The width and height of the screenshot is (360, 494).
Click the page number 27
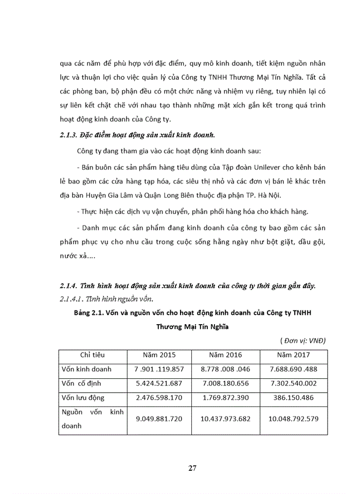click(192, 468)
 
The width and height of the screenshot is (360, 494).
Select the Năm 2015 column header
click(159, 355)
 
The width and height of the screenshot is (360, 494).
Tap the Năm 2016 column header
click(225, 355)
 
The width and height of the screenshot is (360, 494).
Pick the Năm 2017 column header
click(293, 355)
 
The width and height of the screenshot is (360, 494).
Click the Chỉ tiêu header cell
click(90, 355)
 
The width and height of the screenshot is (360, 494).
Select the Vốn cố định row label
click(83, 383)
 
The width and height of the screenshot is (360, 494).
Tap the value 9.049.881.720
click(159, 419)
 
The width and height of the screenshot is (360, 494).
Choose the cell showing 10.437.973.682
click(225, 419)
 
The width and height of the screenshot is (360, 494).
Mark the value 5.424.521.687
click(159, 383)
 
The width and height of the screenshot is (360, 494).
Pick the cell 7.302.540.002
click(293, 383)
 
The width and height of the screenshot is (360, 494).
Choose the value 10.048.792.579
click(293, 419)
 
